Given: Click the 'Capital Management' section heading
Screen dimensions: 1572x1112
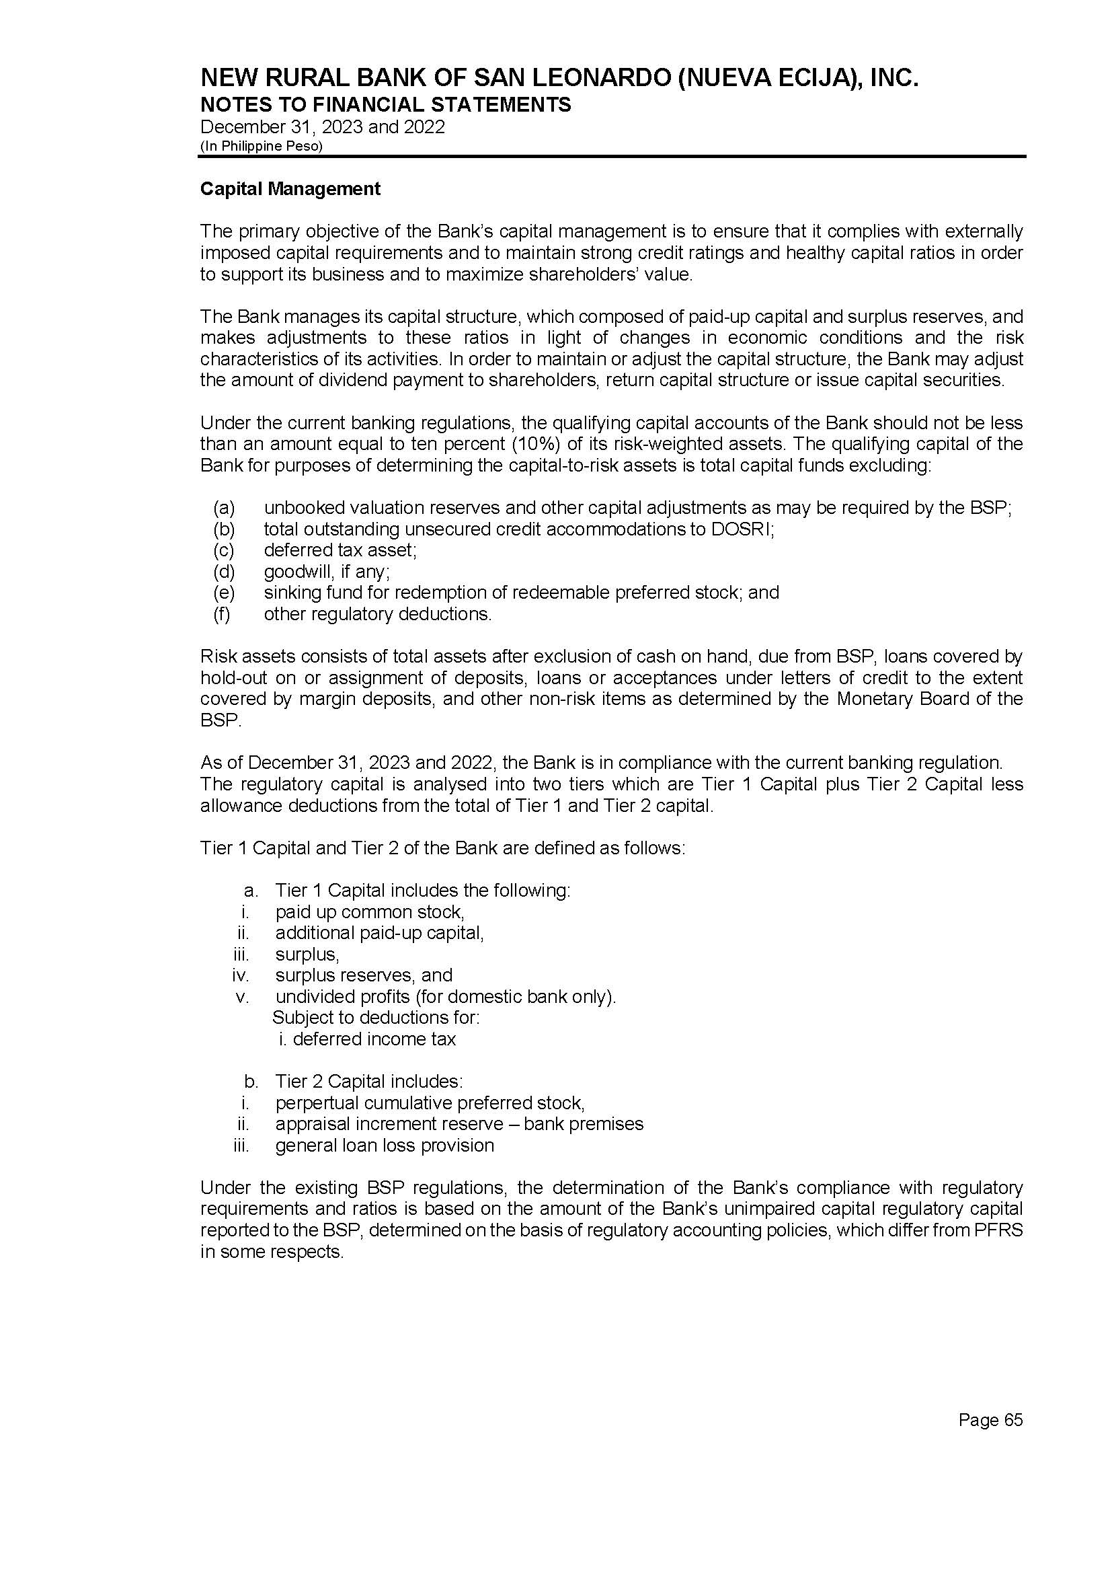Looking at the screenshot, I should [x=290, y=189].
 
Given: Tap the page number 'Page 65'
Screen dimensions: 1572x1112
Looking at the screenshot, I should [x=990, y=1420].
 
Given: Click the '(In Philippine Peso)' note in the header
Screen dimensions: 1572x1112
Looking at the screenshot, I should [x=261, y=146].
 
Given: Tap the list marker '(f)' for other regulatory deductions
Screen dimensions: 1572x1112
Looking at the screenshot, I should [x=222, y=613].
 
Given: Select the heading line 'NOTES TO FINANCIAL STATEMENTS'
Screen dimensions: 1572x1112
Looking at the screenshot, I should [x=385, y=105].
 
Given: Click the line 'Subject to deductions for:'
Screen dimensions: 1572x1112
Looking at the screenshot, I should [x=376, y=1017].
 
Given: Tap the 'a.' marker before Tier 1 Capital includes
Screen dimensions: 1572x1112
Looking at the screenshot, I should [x=251, y=891].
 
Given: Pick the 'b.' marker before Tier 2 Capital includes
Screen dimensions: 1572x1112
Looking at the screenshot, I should [x=251, y=1082].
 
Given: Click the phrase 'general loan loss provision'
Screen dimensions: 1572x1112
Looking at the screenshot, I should [x=384, y=1146].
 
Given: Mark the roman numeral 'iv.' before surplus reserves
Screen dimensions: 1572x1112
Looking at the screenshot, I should [x=240, y=975].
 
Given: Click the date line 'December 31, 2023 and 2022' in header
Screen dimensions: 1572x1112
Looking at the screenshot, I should [x=323, y=126].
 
